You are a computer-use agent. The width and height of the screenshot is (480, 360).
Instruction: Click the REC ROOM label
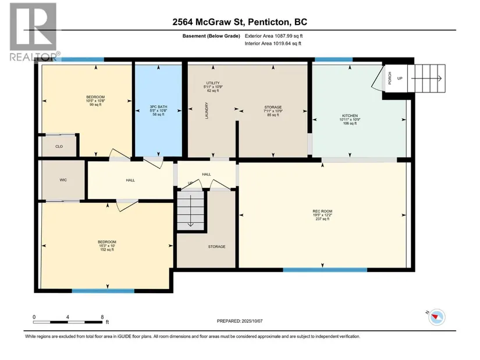click(x=322, y=211)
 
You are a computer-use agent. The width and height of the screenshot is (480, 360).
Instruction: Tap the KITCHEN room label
click(x=350, y=116)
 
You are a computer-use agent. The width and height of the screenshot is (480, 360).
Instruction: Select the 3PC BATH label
click(x=158, y=107)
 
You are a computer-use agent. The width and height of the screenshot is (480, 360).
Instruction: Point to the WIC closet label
click(x=63, y=180)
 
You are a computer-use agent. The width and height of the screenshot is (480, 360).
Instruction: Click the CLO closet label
click(x=59, y=147)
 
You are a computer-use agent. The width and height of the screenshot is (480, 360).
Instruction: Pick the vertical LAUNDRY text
click(x=207, y=111)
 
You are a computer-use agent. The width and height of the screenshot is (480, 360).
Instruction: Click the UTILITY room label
click(x=213, y=83)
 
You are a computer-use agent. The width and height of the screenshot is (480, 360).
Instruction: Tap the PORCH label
click(x=390, y=78)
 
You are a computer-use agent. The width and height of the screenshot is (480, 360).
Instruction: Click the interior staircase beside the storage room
click(x=191, y=210)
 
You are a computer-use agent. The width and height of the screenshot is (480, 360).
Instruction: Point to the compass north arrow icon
click(x=437, y=317)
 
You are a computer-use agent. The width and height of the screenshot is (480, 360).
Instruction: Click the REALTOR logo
click(x=33, y=32)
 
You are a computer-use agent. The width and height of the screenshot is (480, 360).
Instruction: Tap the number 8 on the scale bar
click(x=102, y=317)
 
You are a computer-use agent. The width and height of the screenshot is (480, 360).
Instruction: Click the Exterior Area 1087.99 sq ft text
click(x=273, y=36)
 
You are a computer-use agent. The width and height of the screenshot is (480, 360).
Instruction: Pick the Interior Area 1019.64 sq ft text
click(x=273, y=44)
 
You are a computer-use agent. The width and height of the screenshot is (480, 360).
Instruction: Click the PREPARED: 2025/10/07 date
click(x=240, y=321)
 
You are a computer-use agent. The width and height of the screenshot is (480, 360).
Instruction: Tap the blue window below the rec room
click(x=325, y=270)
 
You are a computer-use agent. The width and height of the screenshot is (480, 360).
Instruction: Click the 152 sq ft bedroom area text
click(x=107, y=249)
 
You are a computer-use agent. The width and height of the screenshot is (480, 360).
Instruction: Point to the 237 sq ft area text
click(x=322, y=219)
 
